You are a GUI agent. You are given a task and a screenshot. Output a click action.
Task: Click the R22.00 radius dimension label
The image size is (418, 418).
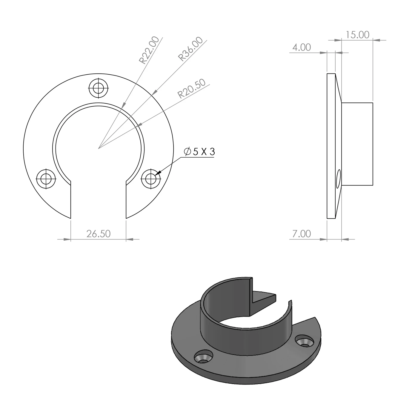(x=149, y=50)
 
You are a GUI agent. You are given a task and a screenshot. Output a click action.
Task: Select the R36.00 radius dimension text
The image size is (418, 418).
(x=190, y=49)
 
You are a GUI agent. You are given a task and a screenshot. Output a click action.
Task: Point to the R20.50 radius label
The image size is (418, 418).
(x=191, y=88)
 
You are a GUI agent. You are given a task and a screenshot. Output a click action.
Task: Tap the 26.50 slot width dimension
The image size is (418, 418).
(x=99, y=234)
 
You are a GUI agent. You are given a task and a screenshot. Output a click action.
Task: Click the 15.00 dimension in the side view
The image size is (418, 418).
(x=357, y=35)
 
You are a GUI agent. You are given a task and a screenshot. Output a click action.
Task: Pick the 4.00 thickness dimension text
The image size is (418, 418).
(x=302, y=47)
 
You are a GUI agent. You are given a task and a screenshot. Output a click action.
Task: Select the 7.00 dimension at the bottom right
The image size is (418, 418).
(x=302, y=234)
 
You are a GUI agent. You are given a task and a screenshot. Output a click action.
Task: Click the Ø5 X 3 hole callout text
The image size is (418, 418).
(x=199, y=152)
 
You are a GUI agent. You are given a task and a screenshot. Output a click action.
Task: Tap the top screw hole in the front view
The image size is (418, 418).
(x=99, y=88)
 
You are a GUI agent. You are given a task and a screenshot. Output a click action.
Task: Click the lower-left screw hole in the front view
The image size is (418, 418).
(x=46, y=179)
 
